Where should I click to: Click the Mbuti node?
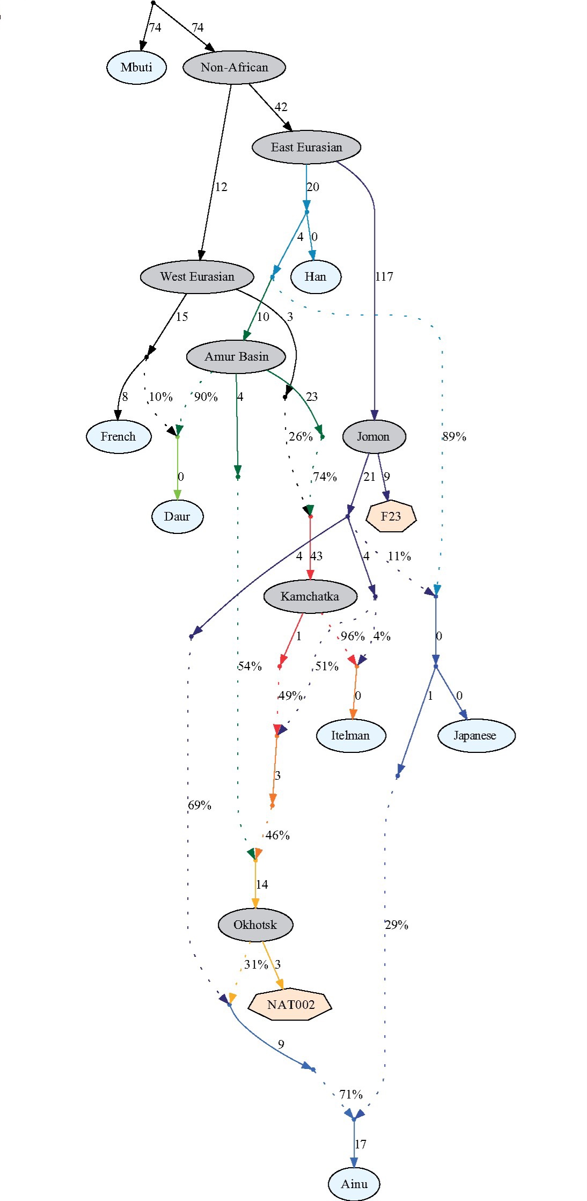tap(136, 68)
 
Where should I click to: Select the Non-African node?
tap(234, 68)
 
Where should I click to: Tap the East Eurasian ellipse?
tap(306, 148)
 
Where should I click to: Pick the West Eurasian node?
tap(197, 277)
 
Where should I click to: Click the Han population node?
tap(315, 277)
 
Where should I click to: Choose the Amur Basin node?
tap(236, 357)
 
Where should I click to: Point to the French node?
tap(118, 437)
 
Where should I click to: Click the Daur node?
tap(177, 517)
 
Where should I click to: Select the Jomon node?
tap(373, 437)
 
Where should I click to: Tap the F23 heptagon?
tap(391, 517)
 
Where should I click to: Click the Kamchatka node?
tap(310, 597)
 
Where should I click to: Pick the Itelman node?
tap(350, 736)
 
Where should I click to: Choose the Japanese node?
tap(476, 736)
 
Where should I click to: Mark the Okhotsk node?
tap(255, 925)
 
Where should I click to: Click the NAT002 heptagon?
tap(290, 1005)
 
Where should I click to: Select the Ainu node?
tap(354, 1184)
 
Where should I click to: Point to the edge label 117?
tap(384, 277)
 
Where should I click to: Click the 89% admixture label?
tap(454, 437)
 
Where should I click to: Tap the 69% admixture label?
tap(200, 805)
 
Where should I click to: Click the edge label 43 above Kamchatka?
tap(317, 556)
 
